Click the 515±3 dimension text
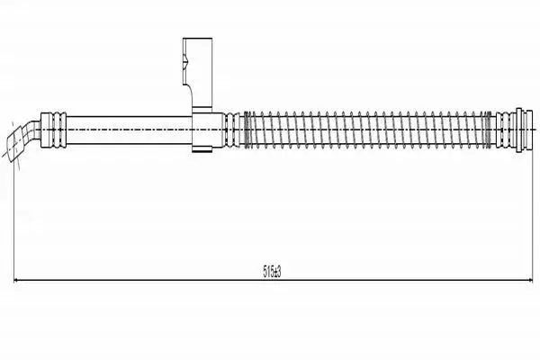(x=272, y=272)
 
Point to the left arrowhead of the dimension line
(x=16, y=281)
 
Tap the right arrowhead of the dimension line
(x=530, y=281)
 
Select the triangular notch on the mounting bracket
(x=185, y=62)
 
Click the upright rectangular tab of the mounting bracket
(x=197, y=72)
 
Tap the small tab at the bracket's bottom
(x=202, y=149)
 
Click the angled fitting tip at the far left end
(x=14, y=146)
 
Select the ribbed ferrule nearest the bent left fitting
(x=53, y=130)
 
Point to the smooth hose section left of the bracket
(x=129, y=130)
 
